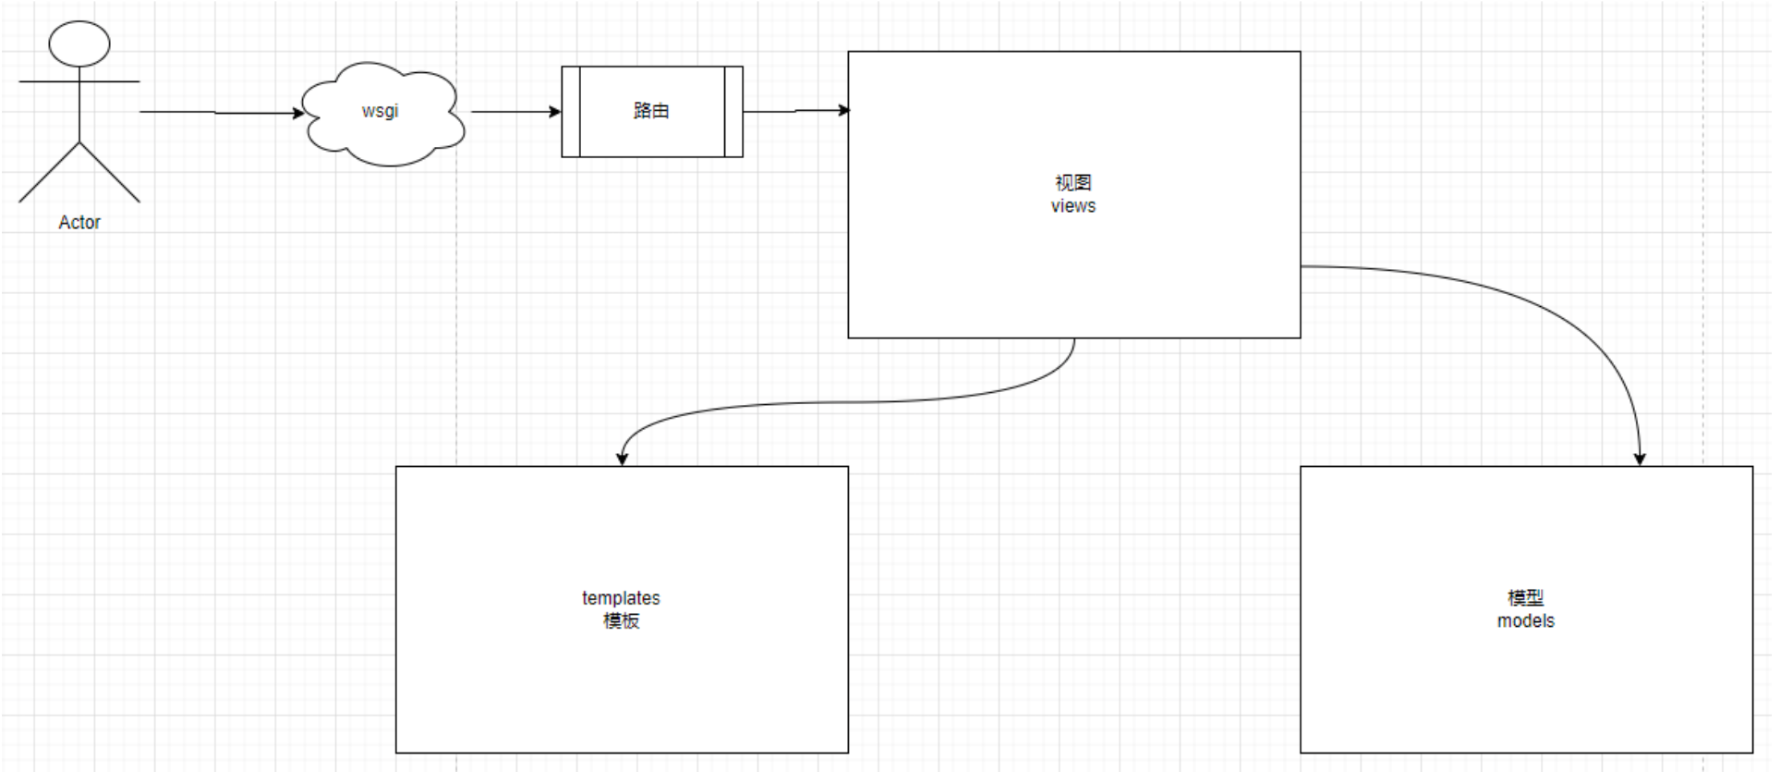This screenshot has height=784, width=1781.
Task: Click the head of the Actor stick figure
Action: [x=79, y=43]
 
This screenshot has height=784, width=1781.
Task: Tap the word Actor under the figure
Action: [x=79, y=223]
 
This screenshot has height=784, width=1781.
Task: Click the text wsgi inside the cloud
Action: [x=380, y=111]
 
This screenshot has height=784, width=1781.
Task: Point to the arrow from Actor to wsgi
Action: [x=217, y=113]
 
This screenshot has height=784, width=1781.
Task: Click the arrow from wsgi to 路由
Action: [x=513, y=112]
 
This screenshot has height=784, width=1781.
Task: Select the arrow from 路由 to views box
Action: [x=794, y=111]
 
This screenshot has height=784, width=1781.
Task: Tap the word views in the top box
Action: [x=1072, y=206]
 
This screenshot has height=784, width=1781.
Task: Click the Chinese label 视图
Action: [x=1072, y=183]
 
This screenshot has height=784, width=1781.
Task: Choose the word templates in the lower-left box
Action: [x=621, y=598]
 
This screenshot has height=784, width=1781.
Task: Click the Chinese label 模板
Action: [x=621, y=621]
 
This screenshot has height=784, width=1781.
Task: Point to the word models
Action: [x=1525, y=621]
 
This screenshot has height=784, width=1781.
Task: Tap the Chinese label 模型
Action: [x=1525, y=598]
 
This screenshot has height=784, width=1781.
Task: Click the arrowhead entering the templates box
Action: [x=622, y=459]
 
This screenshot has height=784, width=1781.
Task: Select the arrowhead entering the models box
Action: [x=1640, y=459]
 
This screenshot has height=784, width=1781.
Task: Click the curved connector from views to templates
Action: [x=850, y=402]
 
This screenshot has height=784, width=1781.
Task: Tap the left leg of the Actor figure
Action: [x=49, y=172]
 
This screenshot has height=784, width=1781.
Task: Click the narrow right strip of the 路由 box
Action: [x=733, y=112]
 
